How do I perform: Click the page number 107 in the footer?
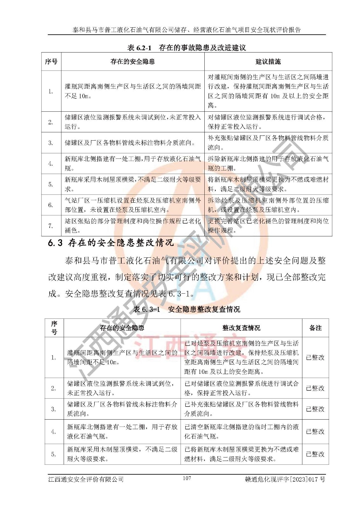coord(187,478)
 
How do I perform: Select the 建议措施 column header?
coord(268,62)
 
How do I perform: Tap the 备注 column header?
coord(315,328)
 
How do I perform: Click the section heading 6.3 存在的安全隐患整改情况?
coord(111,243)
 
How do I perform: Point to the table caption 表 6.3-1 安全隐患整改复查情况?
coord(187,309)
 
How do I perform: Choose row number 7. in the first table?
coord(51,226)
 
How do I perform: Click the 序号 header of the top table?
coord(51,62)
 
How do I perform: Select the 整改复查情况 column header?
coord(241,328)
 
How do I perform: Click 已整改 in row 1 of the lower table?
coord(315,358)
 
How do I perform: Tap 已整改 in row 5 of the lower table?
coord(315,454)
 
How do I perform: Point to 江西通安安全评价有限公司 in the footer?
coord(86,479)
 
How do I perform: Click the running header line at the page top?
coord(187,30)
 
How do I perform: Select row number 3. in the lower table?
coord(53,409)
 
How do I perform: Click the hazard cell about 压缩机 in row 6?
coord(133,205)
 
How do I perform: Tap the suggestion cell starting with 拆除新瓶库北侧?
coord(268,164)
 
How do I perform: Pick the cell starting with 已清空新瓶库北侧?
coord(241,432)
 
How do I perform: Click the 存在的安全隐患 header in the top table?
coord(132,62)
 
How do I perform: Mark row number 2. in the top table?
coord(51,122)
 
